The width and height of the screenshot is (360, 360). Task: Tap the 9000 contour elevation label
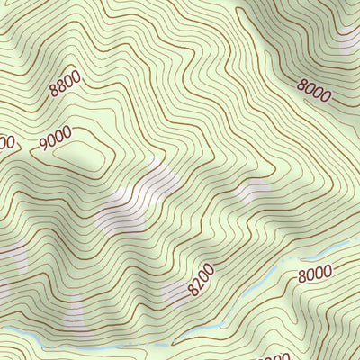(56, 139)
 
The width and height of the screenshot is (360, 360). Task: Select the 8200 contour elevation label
(202, 280)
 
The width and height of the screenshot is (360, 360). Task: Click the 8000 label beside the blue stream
(315, 273)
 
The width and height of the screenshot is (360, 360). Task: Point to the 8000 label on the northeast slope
(313, 91)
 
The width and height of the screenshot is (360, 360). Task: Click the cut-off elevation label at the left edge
(7, 142)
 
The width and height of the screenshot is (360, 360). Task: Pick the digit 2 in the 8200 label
(199, 283)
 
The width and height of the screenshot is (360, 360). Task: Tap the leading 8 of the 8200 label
(193, 291)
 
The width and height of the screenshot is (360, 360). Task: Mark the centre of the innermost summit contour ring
(79, 154)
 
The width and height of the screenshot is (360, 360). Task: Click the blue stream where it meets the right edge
(356, 241)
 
